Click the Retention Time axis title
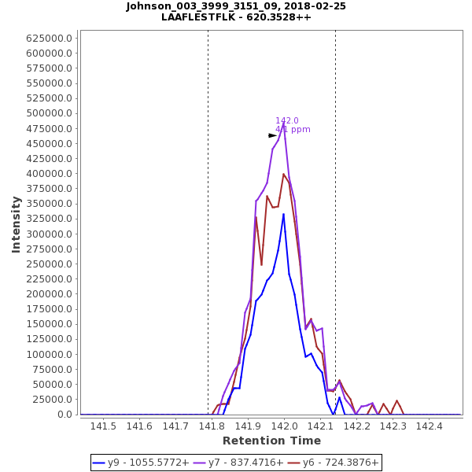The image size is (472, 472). (271, 441)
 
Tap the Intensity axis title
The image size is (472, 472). (16, 224)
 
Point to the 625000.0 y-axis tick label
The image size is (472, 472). (51, 38)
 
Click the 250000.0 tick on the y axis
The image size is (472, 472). (51, 264)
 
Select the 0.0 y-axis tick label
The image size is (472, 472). (66, 415)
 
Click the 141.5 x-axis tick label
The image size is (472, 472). (103, 426)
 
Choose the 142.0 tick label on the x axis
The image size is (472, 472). (284, 426)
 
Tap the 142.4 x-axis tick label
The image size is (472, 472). (429, 426)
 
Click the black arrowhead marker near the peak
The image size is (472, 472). (272, 135)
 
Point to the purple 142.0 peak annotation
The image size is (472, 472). (287, 120)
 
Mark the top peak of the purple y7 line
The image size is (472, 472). (284, 126)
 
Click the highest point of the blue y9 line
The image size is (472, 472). (284, 213)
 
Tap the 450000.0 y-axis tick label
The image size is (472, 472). (51, 143)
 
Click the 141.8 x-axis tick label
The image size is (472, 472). (212, 426)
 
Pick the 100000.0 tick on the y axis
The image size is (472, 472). (51, 355)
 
